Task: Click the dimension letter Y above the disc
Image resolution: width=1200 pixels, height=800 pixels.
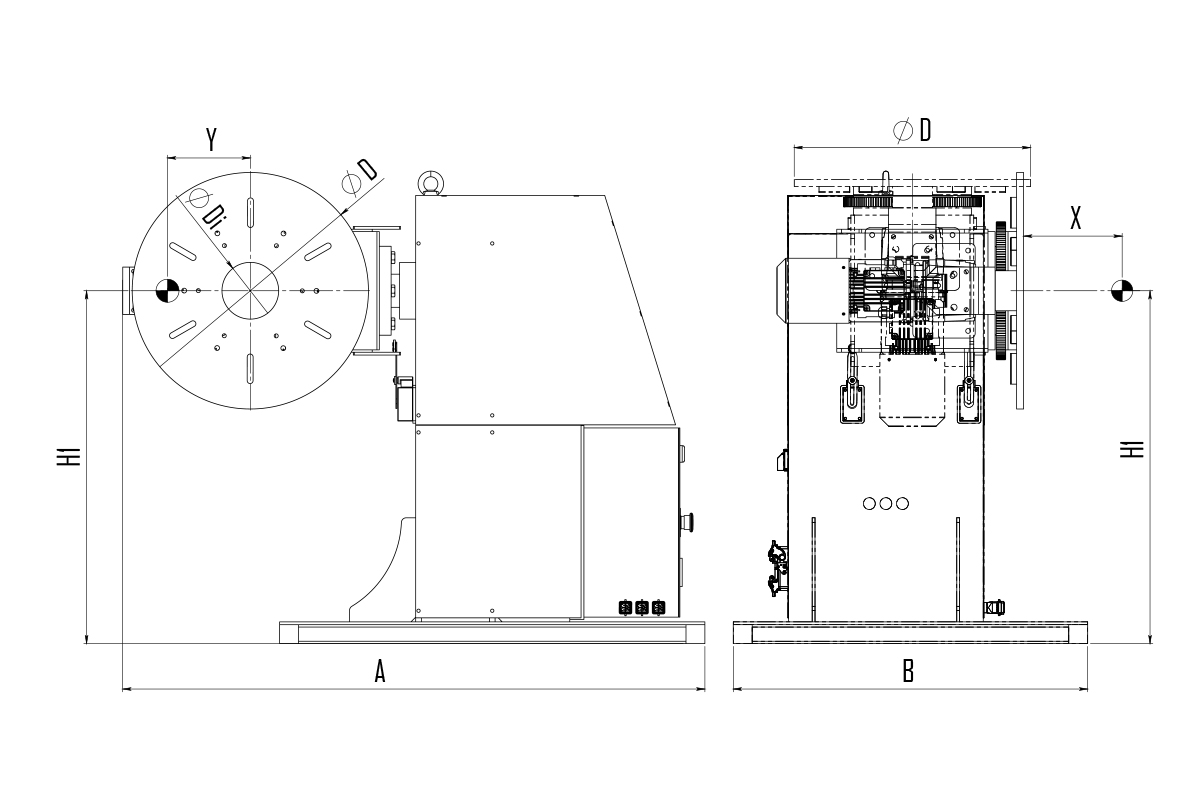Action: [x=212, y=139]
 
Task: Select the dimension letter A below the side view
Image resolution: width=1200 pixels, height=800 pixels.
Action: [x=380, y=671]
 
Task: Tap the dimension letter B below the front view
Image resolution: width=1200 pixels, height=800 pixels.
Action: [x=908, y=671]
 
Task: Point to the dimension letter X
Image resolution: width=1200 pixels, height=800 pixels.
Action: [x=1075, y=218]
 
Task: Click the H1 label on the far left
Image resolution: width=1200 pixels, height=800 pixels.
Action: [x=69, y=456]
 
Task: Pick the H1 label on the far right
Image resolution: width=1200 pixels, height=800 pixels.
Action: [x=1132, y=449]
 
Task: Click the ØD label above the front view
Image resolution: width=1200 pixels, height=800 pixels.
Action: [x=912, y=130]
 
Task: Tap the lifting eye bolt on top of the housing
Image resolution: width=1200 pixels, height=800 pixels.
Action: [x=429, y=182]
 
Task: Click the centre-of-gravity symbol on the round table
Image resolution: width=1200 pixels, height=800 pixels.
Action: [x=167, y=291]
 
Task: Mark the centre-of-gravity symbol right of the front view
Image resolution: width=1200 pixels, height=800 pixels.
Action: [x=1121, y=290]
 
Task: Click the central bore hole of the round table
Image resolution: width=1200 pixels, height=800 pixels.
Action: [x=250, y=290]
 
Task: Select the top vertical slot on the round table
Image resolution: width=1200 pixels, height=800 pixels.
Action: [x=250, y=213]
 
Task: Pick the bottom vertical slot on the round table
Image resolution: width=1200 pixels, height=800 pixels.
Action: [x=250, y=369]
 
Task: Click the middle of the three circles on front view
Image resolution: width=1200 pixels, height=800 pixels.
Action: [x=886, y=504]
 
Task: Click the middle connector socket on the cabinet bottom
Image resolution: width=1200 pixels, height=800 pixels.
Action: [x=642, y=608]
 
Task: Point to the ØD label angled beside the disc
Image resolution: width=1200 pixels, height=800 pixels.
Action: [x=359, y=176]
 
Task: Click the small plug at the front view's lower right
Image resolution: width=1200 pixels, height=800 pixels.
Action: [x=994, y=608]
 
